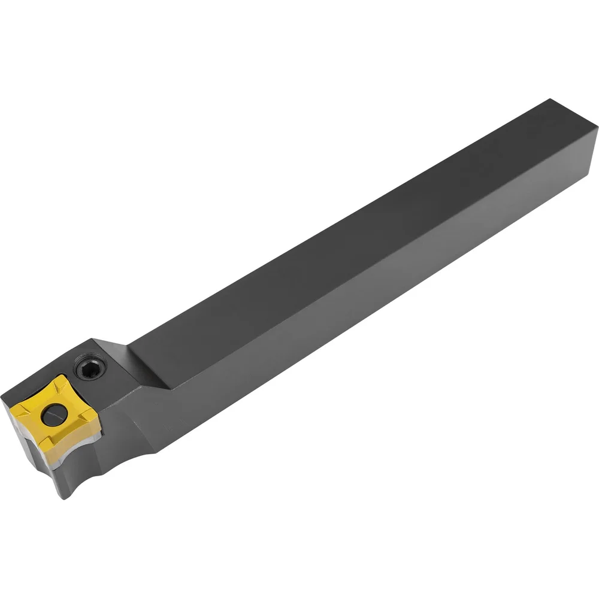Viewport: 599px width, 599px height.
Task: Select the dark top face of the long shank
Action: coord(347,228)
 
